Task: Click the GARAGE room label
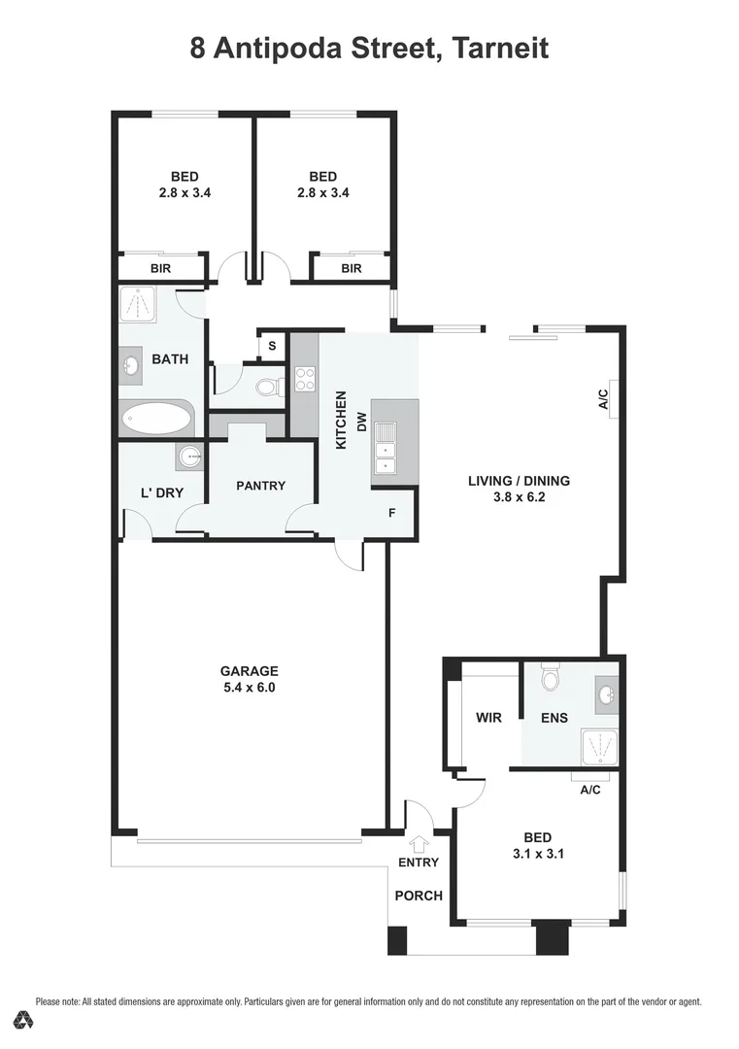tap(249, 670)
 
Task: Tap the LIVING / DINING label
tap(519, 480)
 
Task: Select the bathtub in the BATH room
tap(156, 420)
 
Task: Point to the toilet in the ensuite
tap(551, 677)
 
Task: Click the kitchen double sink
tap(386, 449)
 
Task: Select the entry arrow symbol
tap(419, 843)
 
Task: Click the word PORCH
tap(419, 895)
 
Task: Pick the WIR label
tap(487, 718)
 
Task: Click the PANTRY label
tap(260, 485)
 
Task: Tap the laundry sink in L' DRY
tap(188, 456)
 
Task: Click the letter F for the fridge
tap(392, 512)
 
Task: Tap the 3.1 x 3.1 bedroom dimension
tap(537, 855)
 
